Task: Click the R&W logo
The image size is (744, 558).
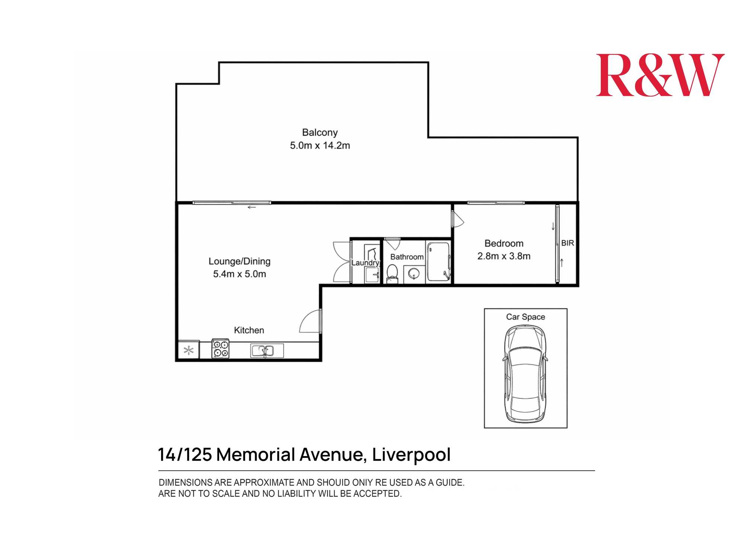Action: (660, 75)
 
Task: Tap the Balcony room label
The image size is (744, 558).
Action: (320, 132)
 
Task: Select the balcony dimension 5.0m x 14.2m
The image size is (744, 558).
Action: (320, 145)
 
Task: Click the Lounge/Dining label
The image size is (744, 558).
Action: (239, 261)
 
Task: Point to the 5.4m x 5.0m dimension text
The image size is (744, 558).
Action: (239, 274)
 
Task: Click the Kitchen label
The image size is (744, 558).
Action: (249, 330)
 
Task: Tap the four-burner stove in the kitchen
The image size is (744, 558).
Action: (220, 349)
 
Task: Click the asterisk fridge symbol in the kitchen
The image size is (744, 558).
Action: (189, 350)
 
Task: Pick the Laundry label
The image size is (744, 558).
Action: (365, 263)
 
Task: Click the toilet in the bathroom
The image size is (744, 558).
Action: (392, 273)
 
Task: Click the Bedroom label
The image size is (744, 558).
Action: (504, 243)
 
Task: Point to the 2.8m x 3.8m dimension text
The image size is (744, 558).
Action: (504, 256)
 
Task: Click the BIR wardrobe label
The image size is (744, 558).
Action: (567, 243)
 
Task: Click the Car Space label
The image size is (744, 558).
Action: (525, 317)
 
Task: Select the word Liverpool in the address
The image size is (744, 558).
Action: (411, 455)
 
